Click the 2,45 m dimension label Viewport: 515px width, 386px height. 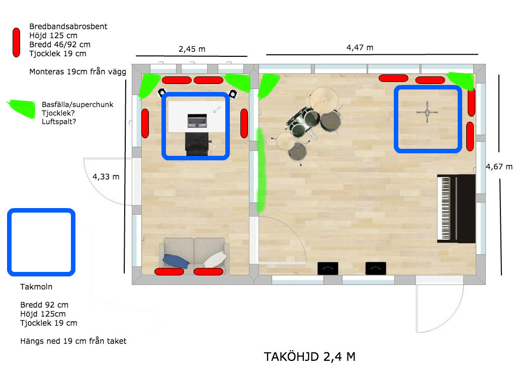[192, 49]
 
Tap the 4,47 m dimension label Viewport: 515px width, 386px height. [360, 48]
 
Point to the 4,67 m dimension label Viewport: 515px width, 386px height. [499, 167]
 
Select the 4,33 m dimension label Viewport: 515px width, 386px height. [106, 176]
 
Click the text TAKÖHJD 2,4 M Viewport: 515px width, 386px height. [309, 356]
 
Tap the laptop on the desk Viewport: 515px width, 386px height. [197, 121]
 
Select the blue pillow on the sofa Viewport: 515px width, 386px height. [176, 261]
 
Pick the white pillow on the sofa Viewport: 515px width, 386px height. [215, 259]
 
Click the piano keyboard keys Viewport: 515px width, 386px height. [445, 209]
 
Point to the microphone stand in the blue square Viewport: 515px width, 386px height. [427, 113]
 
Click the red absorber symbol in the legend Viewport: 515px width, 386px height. [16, 42]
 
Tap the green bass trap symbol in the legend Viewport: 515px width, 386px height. [22, 109]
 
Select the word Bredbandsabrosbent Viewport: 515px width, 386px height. [68, 27]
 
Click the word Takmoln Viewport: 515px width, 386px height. [36, 287]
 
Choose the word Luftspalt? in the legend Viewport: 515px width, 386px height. [59, 122]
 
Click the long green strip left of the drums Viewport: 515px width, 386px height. [261, 170]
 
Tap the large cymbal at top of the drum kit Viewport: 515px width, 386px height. [324, 98]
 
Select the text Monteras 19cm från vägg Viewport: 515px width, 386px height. [78, 71]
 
